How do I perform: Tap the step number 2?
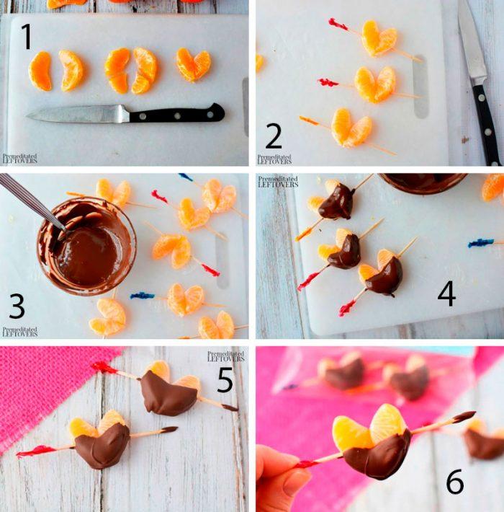pos(273,136)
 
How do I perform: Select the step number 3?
pos(17,306)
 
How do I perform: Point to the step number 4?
pos(446,294)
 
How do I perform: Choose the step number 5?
pos(225,380)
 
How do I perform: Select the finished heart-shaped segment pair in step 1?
pos(193,65)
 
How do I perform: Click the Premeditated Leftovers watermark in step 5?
pos(225,356)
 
